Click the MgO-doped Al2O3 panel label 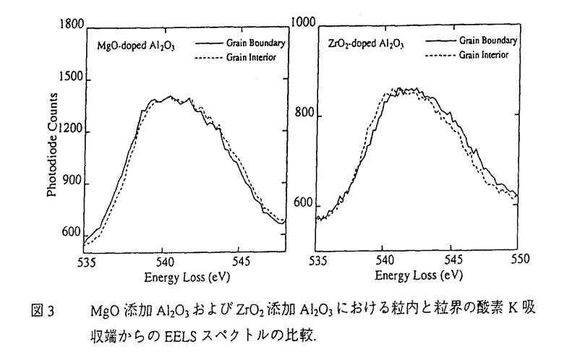tap(136, 45)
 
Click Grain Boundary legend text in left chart tap(259, 43)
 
